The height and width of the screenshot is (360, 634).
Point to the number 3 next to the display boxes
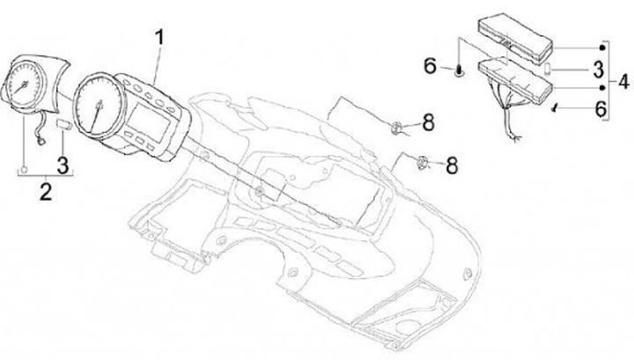coord(597,69)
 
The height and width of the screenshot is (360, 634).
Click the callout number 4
coord(623,84)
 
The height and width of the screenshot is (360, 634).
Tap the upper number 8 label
coord(428,121)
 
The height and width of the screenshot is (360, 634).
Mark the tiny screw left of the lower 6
coord(555,109)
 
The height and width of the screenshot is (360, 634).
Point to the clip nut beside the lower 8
coord(423,161)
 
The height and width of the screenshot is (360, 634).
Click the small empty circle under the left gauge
coord(24,166)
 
